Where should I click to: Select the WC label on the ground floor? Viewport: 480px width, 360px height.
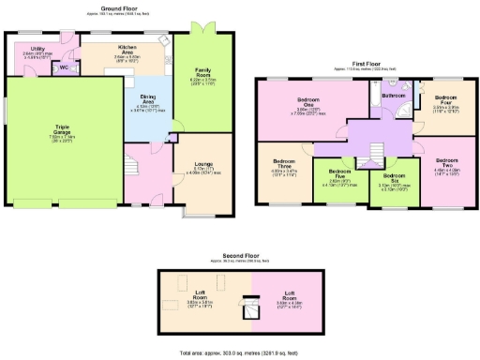pos(65,67)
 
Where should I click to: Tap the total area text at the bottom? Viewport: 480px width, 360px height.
pos(240,352)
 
